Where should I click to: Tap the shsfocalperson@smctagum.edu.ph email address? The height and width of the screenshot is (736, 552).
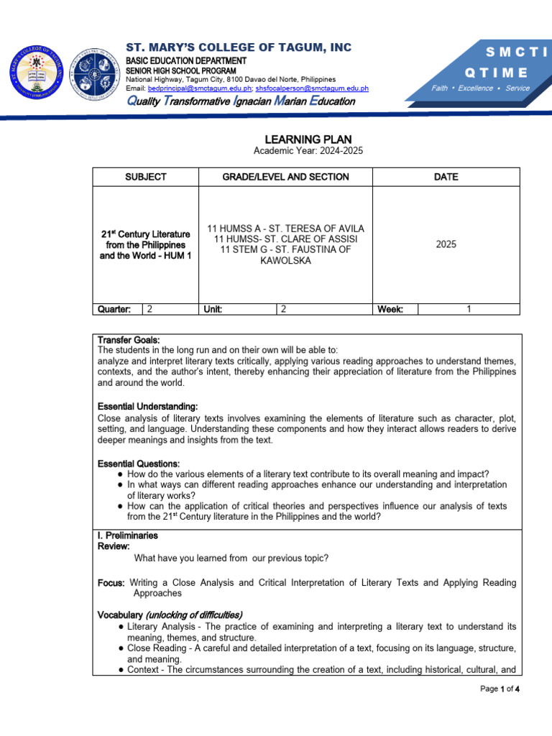pos(312,88)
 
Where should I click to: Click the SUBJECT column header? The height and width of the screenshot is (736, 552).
pos(146,177)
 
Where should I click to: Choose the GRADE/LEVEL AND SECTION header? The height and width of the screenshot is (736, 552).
pos(285,177)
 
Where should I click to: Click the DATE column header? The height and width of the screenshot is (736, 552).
pos(446,177)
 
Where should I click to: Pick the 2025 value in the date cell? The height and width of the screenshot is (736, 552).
pos(446,244)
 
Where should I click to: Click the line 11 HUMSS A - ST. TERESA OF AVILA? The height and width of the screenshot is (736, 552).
pos(285,228)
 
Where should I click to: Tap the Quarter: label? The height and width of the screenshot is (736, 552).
pos(114,309)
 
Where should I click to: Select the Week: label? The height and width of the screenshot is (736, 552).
pos(390,309)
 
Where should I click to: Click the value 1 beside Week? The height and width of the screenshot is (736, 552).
pos(469,309)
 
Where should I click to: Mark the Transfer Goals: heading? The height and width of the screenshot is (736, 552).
pos(129,340)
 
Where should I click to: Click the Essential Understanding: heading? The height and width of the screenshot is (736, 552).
pos(147,407)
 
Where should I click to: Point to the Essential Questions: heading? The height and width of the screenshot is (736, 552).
pos(139,464)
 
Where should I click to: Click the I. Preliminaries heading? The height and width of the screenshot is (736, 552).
pos(128,535)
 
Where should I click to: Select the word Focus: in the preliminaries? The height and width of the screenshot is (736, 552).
pos(111,583)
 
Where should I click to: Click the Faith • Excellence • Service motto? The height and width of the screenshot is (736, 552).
pos(480,88)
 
